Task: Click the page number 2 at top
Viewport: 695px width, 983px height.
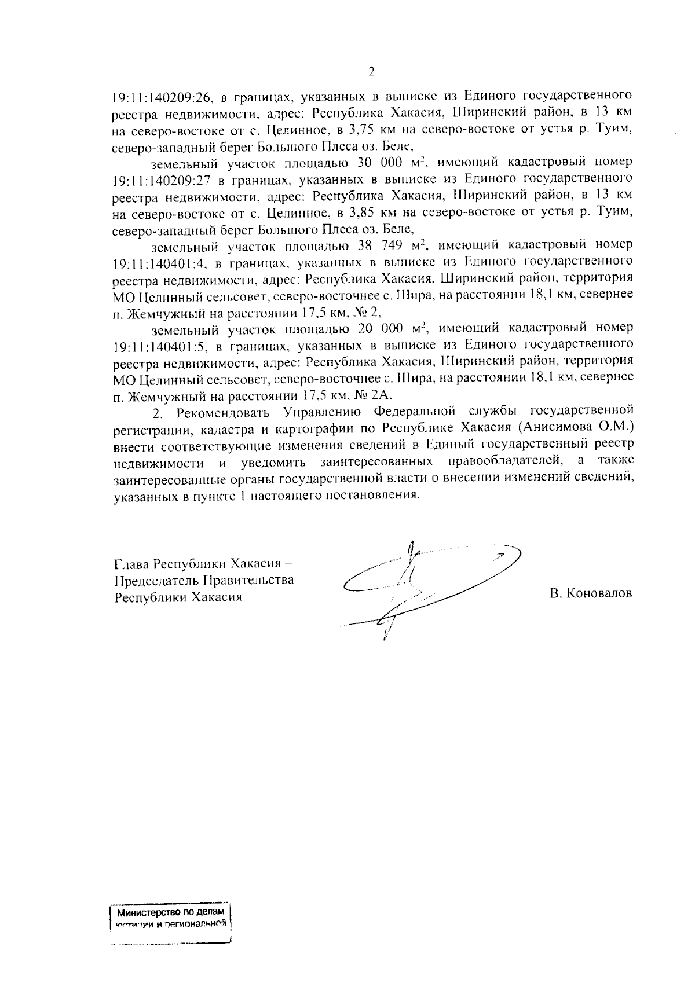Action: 371,72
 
